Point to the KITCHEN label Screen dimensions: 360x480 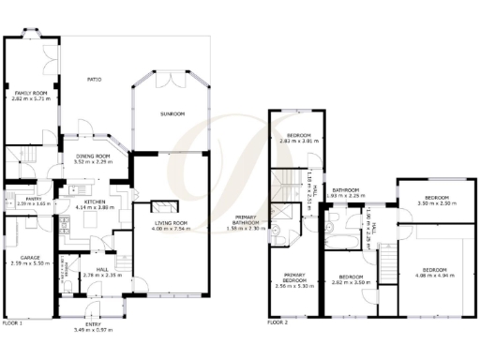click(94, 202)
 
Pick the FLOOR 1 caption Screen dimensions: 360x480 click(12, 322)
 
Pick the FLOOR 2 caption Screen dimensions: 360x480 click(278, 322)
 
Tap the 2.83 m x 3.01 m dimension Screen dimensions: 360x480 click(299, 142)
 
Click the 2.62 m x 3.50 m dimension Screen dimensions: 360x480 click(351, 281)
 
